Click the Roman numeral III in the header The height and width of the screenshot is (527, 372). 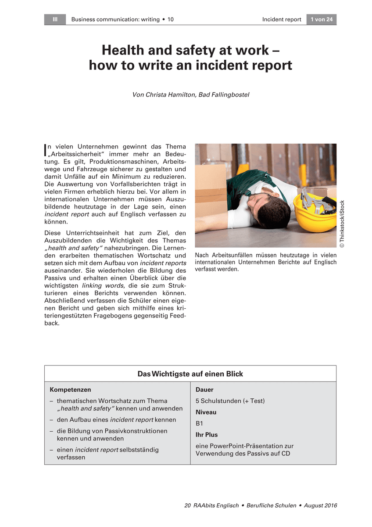click(x=55, y=19)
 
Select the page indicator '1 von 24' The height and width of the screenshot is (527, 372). click(x=322, y=19)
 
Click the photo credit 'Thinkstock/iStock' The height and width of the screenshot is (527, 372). click(x=342, y=224)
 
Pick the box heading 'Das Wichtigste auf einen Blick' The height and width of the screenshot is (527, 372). click(x=190, y=374)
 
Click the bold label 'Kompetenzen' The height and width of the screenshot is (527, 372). click(x=70, y=390)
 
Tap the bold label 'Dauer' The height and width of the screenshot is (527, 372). click(x=204, y=390)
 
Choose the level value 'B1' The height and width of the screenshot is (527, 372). click(x=200, y=423)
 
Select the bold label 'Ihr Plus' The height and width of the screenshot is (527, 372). click(x=207, y=435)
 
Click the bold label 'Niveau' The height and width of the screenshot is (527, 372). click(x=206, y=412)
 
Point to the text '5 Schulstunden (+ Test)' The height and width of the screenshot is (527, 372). click(x=230, y=401)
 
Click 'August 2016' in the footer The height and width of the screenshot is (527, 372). click(x=320, y=506)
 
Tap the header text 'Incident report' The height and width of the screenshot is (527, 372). click(x=282, y=19)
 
